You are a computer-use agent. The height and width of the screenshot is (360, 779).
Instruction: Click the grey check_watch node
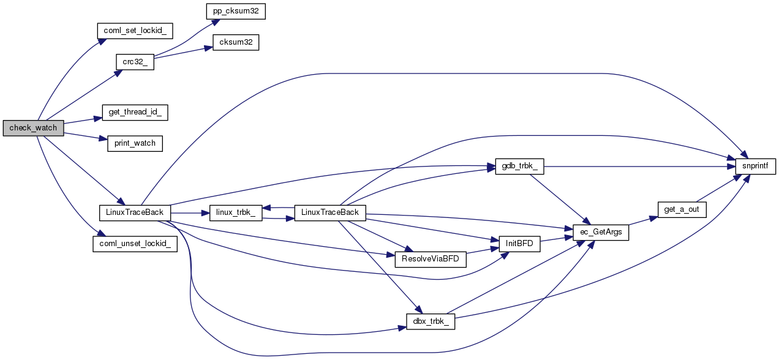coord(33,128)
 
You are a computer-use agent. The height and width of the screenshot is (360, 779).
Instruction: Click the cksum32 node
coord(235,43)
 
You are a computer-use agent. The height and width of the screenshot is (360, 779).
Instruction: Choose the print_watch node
coord(135,143)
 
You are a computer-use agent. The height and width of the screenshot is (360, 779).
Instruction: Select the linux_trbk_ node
coord(236,213)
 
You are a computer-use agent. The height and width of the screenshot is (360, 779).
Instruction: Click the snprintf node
coord(756,165)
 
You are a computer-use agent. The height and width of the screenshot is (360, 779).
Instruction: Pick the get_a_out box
coord(682,209)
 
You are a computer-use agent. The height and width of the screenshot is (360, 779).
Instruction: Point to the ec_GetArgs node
coord(600,233)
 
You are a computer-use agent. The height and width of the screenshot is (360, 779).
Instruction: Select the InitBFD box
coord(519,243)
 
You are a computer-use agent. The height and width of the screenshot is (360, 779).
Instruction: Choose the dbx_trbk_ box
coord(431,322)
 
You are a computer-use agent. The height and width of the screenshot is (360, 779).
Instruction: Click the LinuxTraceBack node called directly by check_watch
coord(135,212)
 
